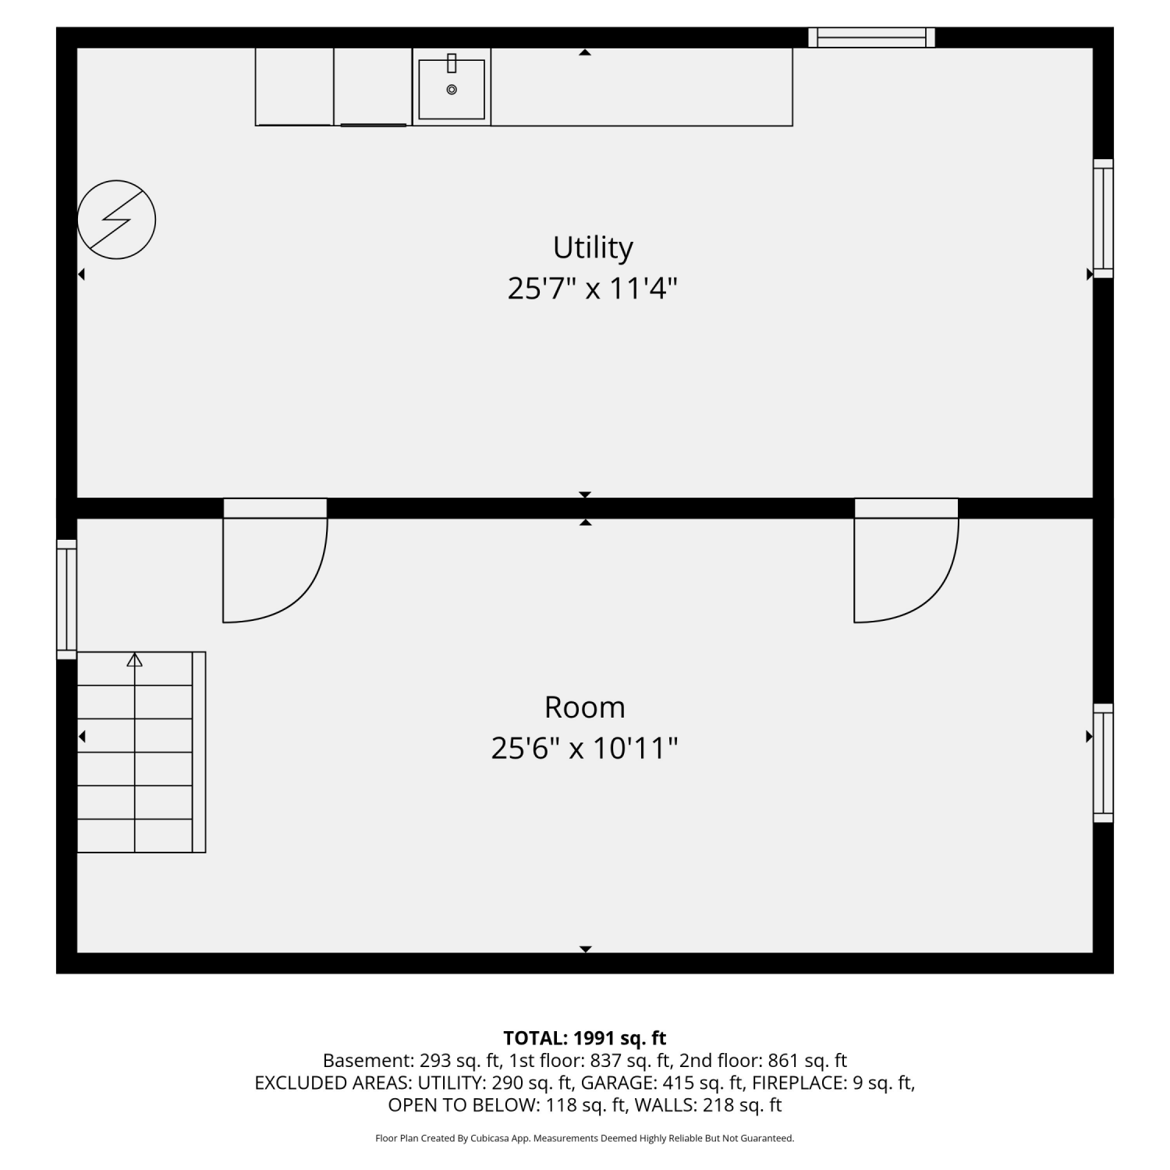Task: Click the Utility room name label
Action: coord(593,248)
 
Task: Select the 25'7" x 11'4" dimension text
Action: coord(592,289)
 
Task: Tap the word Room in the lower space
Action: coord(585,707)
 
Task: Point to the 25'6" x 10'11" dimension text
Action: coord(584,749)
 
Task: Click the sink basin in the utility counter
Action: coord(452,89)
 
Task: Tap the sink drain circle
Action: coord(452,90)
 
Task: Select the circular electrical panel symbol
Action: coord(117,220)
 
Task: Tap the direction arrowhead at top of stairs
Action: coord(135,660)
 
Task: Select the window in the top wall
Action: coord(871,37)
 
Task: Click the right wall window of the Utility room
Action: coord(1103,218)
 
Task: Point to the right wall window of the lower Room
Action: coord(1103,763)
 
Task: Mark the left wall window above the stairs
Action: coord(67,599)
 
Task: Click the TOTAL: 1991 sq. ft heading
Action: coord(585,1038)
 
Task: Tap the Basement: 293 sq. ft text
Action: coord(411,1061)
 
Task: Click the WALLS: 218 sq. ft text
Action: coord(708,1105)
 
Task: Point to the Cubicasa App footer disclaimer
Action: coord(585,1139)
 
